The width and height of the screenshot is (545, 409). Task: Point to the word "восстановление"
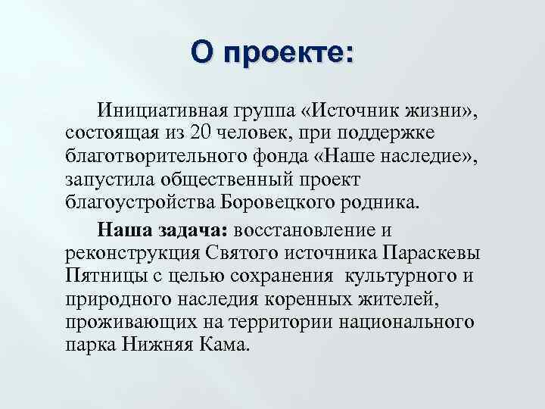(x=313, y=229)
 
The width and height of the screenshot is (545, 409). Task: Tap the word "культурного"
(x=413, y=275)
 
